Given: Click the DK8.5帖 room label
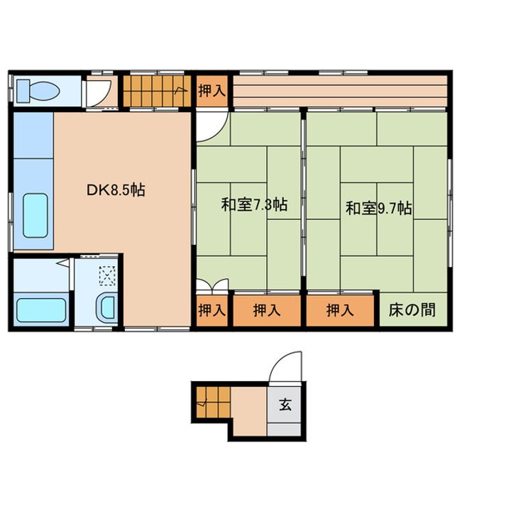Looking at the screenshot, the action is [116, 190].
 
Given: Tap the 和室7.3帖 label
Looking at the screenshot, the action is [254, 204].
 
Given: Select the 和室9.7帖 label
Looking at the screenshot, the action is [379, 208].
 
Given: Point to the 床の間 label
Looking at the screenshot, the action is [412, 310].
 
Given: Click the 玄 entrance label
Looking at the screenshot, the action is [285, 405].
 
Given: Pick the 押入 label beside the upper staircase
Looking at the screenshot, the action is [212, 90].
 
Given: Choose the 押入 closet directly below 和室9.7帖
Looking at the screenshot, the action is [340, 310].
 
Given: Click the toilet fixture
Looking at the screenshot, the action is [38, 91].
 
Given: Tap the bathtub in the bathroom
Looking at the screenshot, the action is [41, 310].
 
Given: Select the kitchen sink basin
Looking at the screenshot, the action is [35, 216].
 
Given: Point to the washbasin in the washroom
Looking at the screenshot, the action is [106, 308].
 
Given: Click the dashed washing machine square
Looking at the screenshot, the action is [107, 275].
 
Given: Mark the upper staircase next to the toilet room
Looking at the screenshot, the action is [157, 91].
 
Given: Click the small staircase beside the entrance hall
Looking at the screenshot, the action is [213, 402].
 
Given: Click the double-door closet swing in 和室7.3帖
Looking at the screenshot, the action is [212, 285].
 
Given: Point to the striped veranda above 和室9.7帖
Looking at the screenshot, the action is [340, 91].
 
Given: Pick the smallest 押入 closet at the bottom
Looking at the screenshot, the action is [211, 310].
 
